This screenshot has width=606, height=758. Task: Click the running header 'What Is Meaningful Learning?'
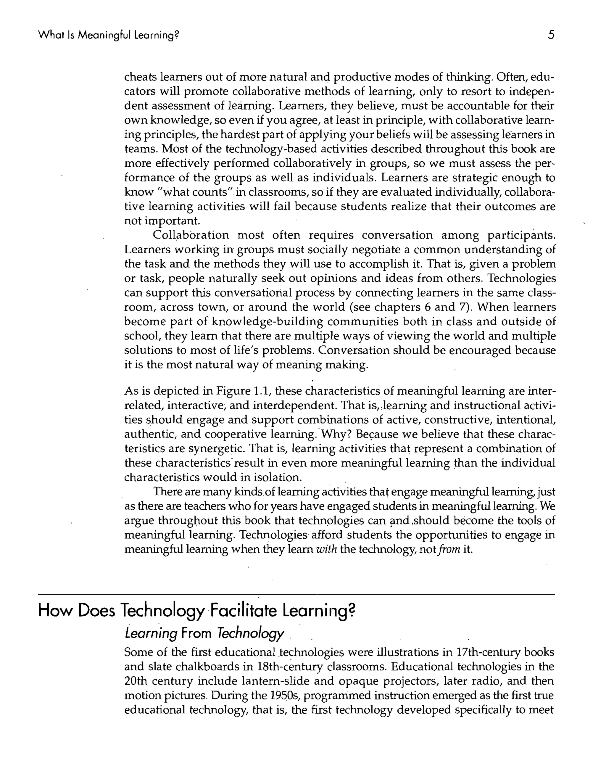point(108,35)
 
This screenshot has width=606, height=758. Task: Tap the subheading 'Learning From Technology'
point(204,634)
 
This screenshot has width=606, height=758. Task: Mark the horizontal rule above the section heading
point(296,595)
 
